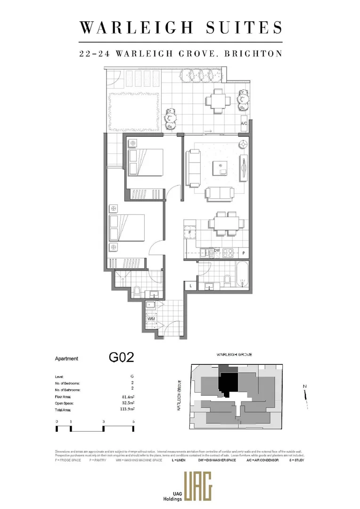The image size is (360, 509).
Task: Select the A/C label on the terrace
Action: click(244, 123)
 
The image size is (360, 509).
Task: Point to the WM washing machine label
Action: click(151, 319)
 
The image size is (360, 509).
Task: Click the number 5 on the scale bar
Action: click(134, 421)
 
